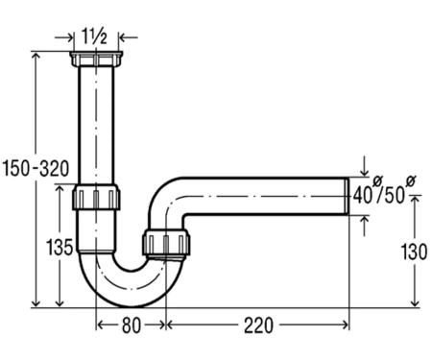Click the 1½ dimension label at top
click(94, 36)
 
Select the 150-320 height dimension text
click(36, 168)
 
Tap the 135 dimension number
click(60, 247)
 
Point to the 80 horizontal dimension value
click(132, 325)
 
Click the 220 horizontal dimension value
click(258, 325)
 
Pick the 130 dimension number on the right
click(414, 252)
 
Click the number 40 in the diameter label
click(364, 195)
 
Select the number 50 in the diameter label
click(395, 195)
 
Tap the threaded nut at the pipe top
click(96, 59)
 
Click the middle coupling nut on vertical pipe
click(96, 197)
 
